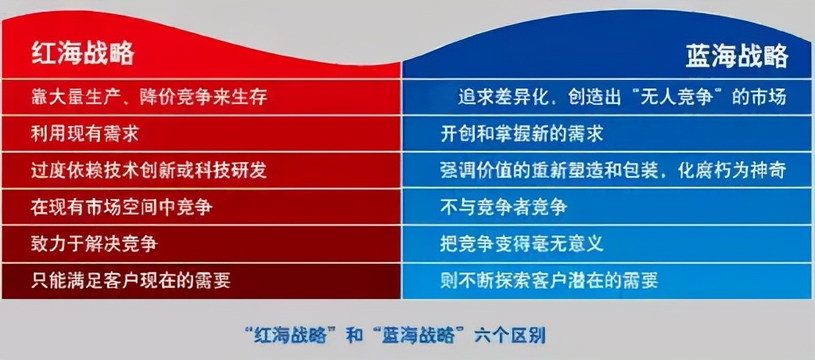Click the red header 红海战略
(x=82, y=53)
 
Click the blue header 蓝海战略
(x=736, y=56)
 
